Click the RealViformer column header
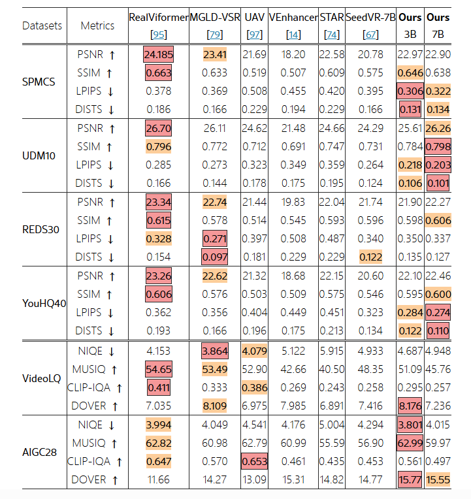pos(158,18)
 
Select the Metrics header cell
pos(97,25)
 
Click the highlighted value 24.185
pos(158,55)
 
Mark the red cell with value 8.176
pos(410,406)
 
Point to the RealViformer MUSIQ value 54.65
pos(158,370)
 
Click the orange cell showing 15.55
pos(437,480)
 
